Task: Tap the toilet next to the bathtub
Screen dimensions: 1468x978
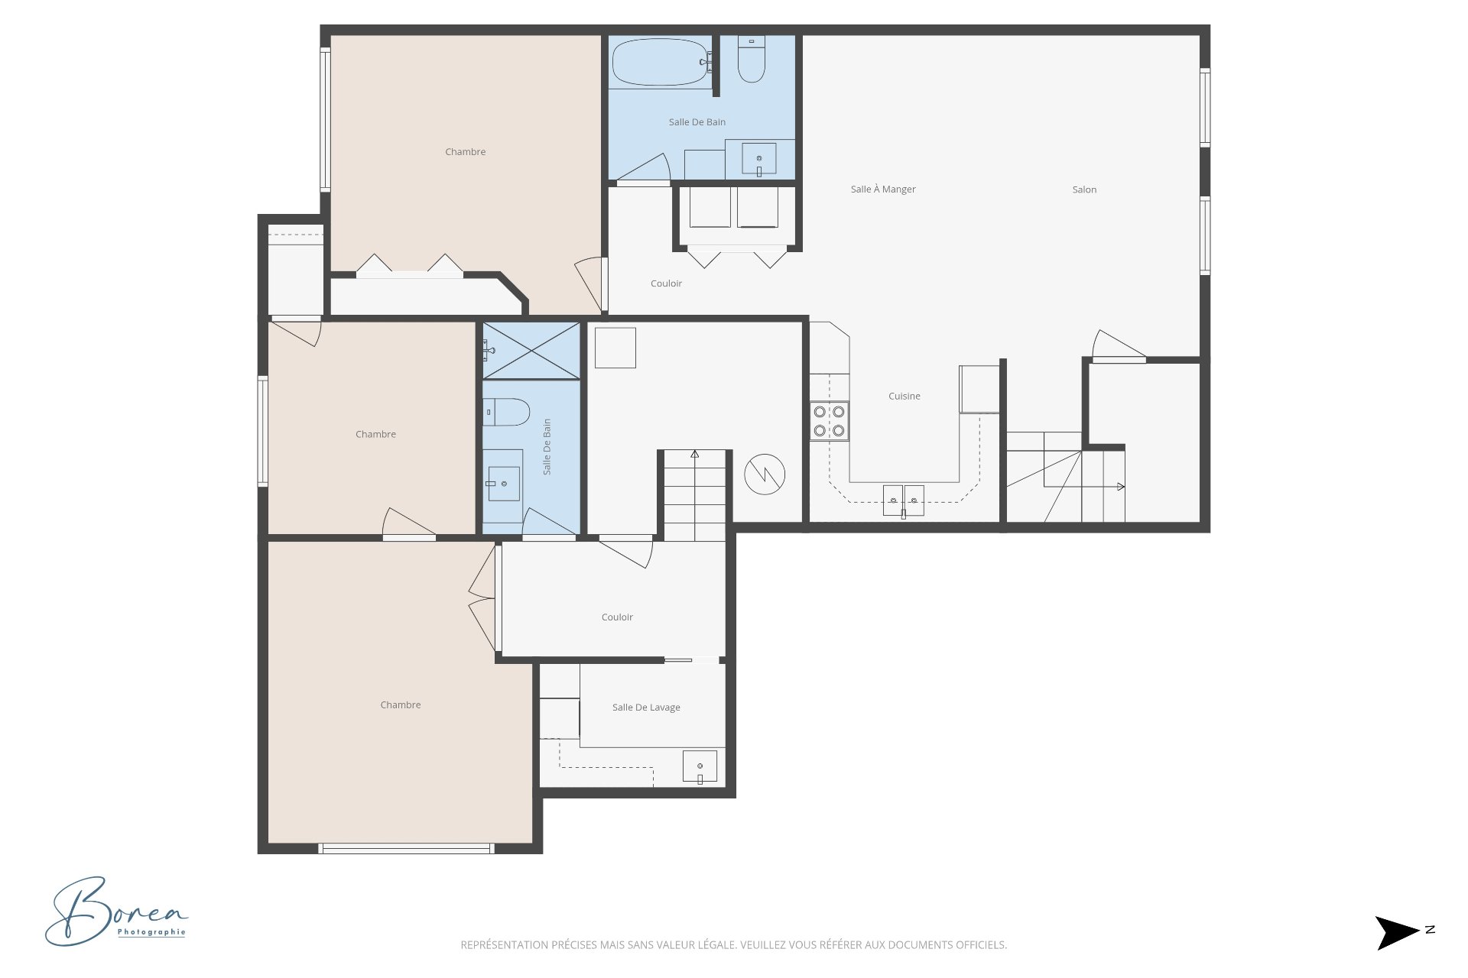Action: pos(751,59)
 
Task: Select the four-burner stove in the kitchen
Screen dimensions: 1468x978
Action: pos(830,421)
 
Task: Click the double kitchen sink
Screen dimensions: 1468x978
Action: pos(904,500)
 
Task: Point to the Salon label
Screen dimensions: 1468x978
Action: pos(1084,189)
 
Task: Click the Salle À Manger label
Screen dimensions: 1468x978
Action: pos(883,189)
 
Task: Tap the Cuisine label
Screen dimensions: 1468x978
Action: pos(905,396)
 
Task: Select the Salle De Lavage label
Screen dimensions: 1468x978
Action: pos(646,708)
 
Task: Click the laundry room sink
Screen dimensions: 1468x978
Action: pos(700,766)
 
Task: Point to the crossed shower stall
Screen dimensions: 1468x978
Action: pos(531,351)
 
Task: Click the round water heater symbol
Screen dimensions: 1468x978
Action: pos(765,474)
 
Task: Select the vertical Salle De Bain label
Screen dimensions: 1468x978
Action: pos(547,447)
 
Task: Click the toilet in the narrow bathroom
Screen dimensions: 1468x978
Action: pos(506,412)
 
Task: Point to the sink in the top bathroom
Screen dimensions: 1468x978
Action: pos(759,159)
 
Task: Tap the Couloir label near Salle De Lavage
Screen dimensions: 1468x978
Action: pos(617,617)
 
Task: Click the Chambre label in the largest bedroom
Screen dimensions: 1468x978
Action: pos(401,705)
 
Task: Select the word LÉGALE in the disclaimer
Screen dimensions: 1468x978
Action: pos(718,945)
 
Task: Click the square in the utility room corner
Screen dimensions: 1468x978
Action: pos(615,348)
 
